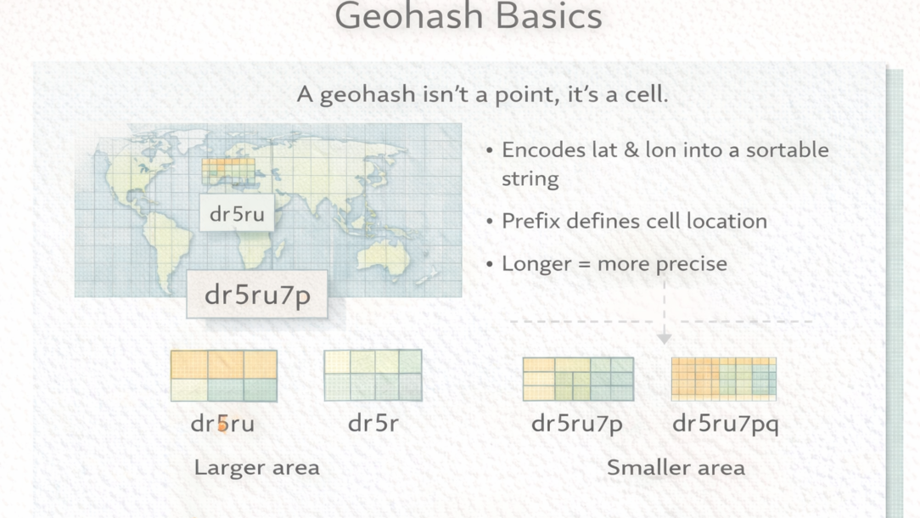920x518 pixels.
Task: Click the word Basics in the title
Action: (548, 16)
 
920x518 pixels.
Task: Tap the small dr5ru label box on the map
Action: (237, 213)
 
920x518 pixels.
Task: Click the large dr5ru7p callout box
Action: (257, 294)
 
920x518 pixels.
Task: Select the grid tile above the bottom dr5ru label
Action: (223, 376)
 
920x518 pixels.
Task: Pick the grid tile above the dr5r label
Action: (373, 375)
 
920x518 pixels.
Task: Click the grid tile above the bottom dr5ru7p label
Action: (578, 379)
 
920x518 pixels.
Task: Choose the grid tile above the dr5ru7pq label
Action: (723, 379)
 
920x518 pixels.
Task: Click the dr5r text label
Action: (373, 423)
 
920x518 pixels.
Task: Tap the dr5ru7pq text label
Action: (725, 424)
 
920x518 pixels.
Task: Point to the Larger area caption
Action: (257, 468)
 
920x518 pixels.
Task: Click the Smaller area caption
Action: (676, 468)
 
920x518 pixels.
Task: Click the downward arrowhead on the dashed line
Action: (665, 339)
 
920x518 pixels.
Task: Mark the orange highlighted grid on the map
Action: (228, 171)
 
